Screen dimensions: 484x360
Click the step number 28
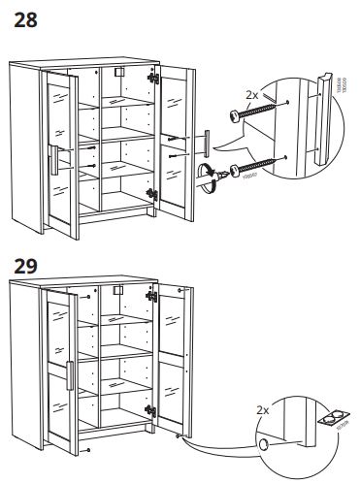coord(26,19)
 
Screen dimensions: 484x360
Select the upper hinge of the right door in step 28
coord(153,76)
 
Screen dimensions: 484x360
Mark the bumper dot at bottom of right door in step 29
coord(177,436)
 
